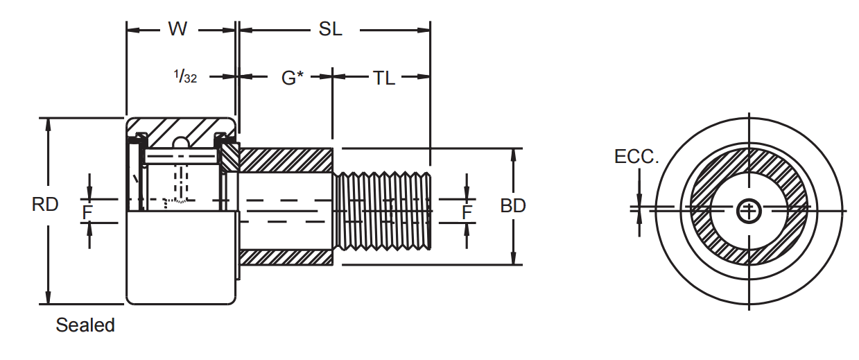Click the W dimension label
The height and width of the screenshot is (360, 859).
pyautogui.click(x=177, y=30)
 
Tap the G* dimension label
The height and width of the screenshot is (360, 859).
pyautogui.click(x=292, y=78)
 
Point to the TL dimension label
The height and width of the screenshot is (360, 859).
pyautogui.click(x=383, y=78)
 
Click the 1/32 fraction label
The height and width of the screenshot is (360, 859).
pyautogui.click(x=186, y=77)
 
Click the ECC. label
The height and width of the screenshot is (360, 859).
pyautogui.click(x=636, y=157)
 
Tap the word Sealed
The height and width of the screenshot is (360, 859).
pyautogui.click(x=85, y=325)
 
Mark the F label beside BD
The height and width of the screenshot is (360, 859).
pyautogui.click(x=467, y=212)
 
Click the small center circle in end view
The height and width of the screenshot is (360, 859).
pyautogui.click(x=749, y=209)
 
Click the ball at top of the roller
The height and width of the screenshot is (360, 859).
pyautogui.click(x=181, y=142)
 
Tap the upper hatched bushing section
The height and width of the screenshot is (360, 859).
pyautogui.click(x=286, y=160)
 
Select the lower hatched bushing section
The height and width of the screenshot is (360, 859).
pyautogui.click(x=286, y=257)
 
